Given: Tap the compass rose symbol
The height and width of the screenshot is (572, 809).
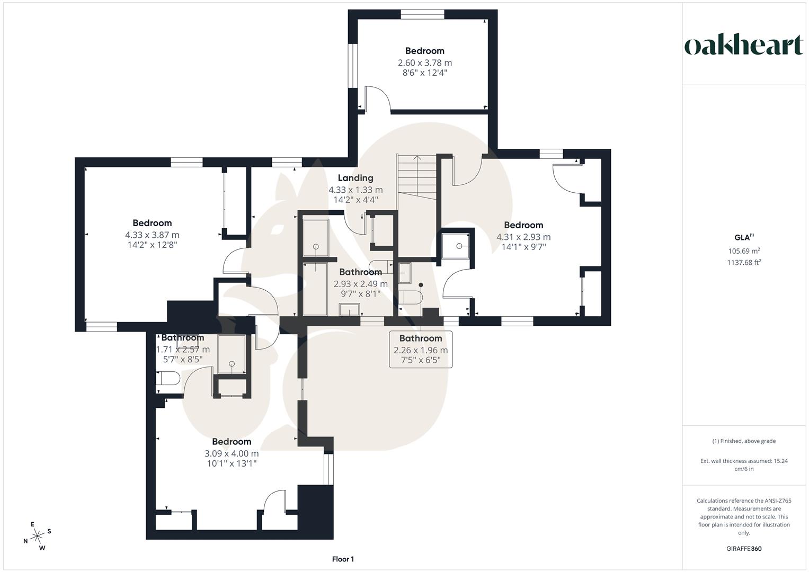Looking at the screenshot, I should (x=37, y=536).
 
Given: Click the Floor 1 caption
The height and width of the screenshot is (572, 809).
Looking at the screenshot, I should (x=343, y=559).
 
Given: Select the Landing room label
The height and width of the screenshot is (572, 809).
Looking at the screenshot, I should (x=355, y=178).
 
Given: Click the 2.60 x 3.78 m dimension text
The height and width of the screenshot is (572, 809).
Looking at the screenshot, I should (x=425, y=62).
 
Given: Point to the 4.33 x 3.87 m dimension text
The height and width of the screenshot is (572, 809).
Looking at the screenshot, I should (x=152, y=235).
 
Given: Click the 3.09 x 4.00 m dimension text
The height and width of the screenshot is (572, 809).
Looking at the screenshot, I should (x=232, y=453).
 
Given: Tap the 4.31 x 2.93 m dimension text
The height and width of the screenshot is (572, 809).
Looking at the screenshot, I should (x=523, y=237).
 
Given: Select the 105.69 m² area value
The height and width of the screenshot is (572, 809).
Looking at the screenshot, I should (x=744, y=251).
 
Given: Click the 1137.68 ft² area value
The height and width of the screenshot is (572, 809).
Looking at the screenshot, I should (x=744, y=262).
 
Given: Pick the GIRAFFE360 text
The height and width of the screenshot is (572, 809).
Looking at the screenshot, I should (x=744, y=549).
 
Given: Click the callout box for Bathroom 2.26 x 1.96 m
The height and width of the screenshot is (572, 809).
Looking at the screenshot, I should (x=421, y=350).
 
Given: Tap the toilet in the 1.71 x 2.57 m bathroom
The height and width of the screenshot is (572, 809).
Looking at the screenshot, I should (x=168, y=379).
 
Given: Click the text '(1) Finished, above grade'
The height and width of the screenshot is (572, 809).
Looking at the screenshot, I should (x=744, y=441).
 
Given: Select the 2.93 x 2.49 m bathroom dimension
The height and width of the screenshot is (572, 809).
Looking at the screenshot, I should (x=360, y=284).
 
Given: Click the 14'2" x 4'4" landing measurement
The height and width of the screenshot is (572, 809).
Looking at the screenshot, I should (x=355, y=200).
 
